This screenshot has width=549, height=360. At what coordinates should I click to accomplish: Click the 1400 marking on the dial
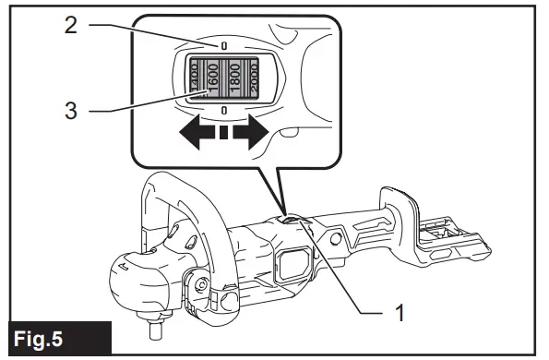click(x=194, y=78)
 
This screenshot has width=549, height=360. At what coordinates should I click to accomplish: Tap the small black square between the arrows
click(x=222, y=136)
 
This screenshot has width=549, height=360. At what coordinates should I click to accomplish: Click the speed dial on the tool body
click(x=292, y=219)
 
